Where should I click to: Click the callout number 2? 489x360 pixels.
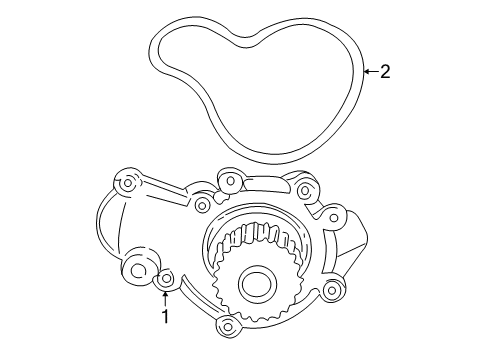pos(384,71)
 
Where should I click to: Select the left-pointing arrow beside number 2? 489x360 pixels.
pos(368,71)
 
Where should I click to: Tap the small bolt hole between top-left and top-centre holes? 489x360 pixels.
pos(202,205)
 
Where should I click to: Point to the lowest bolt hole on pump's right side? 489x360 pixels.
pos(331,290)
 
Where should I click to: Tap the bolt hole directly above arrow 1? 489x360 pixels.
pos(166,277)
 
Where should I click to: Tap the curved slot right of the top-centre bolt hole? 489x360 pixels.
pos(268,179)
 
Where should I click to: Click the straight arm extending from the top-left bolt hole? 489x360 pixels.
pos(165,195)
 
